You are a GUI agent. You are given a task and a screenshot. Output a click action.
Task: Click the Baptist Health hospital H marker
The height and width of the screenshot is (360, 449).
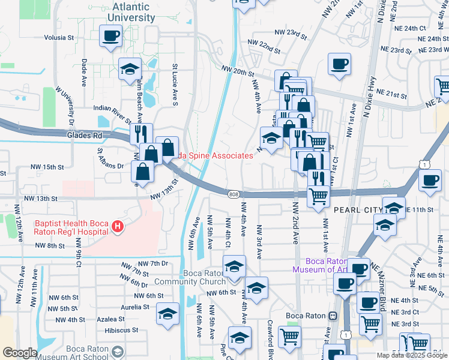click(x=118, y=227)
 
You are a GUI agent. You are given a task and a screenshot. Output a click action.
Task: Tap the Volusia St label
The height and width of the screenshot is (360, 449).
click(x=59, y=37)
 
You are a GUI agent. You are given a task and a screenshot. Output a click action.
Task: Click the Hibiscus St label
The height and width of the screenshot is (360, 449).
click(x=121, y=330)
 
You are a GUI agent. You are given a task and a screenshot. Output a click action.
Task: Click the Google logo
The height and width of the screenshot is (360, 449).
click(x=19, y=352)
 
